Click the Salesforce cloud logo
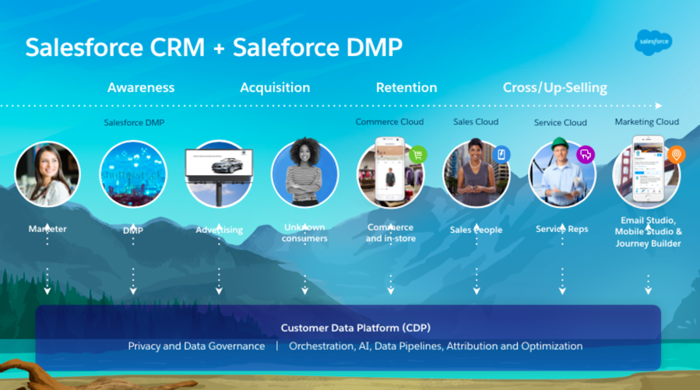point(653,40)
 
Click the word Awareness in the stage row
point(141,87)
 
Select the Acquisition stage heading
point(275,87)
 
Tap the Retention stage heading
point(406,87)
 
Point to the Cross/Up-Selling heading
point(555,87)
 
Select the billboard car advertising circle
point(219,174)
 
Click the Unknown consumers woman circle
point(304,174)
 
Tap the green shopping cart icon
point(417,154)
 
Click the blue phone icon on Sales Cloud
point(501,154)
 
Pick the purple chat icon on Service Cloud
point(586,154)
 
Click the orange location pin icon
point(676,155)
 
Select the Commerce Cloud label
point(389,121)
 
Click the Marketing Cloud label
point(647,121)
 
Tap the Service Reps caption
point(562,230)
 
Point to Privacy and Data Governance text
point(196,346)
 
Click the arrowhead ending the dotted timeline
point(660,105)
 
